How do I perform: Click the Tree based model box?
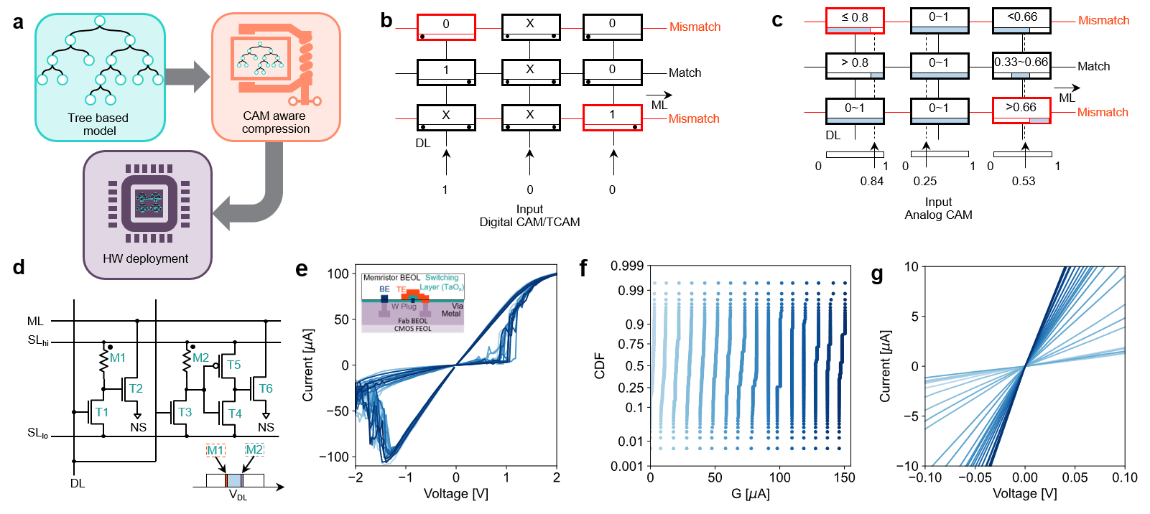point(100,78)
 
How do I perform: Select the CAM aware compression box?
point(276,77)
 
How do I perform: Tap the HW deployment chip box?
point(147,215)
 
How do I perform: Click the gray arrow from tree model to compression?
point(187,77)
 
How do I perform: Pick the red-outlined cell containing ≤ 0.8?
point(855,20)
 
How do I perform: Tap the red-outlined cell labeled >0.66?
point(1021,111)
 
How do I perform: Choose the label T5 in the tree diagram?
point(234,365)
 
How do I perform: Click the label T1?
point(101,412)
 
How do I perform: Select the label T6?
point(266,388)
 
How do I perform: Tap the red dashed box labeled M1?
point(215,450)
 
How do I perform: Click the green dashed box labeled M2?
point(254,450)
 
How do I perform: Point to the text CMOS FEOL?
point(412,329)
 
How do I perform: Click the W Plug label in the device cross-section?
point(404,307)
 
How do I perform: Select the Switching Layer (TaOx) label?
point(442,282)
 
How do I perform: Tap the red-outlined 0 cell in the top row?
point(446,27)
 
